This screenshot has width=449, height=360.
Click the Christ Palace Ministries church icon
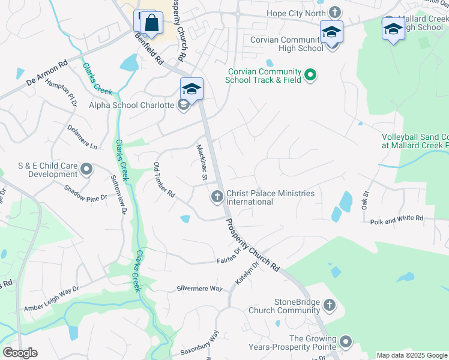coord(217,196)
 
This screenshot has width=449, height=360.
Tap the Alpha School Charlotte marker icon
coord(184,106)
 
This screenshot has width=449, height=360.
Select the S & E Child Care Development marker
coord(86,170)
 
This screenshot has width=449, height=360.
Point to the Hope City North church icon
coord(334,12)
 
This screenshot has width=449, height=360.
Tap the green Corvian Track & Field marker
coord(310,75)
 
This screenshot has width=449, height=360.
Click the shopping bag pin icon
coord(152,24)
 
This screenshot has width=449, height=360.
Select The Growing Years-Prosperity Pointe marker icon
coord(345,343)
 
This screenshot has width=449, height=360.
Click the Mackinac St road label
coord(202,162)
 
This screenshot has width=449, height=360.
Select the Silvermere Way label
coord(199,289)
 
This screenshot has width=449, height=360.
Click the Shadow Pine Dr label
coord(86,192)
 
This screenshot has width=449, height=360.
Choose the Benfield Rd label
coord(149,50)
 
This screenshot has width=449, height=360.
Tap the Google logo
coord(20,353)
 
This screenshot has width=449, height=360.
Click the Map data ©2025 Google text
coord(411,355)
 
